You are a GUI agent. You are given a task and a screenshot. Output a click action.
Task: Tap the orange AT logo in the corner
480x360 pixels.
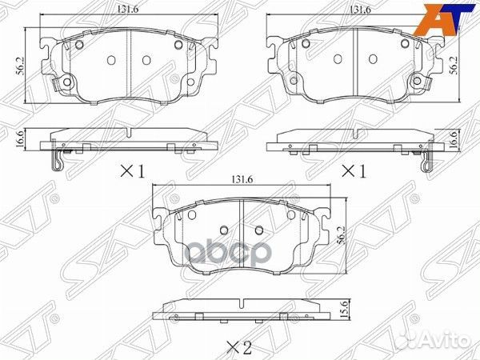pyautogui.click(x=446, y=17)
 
